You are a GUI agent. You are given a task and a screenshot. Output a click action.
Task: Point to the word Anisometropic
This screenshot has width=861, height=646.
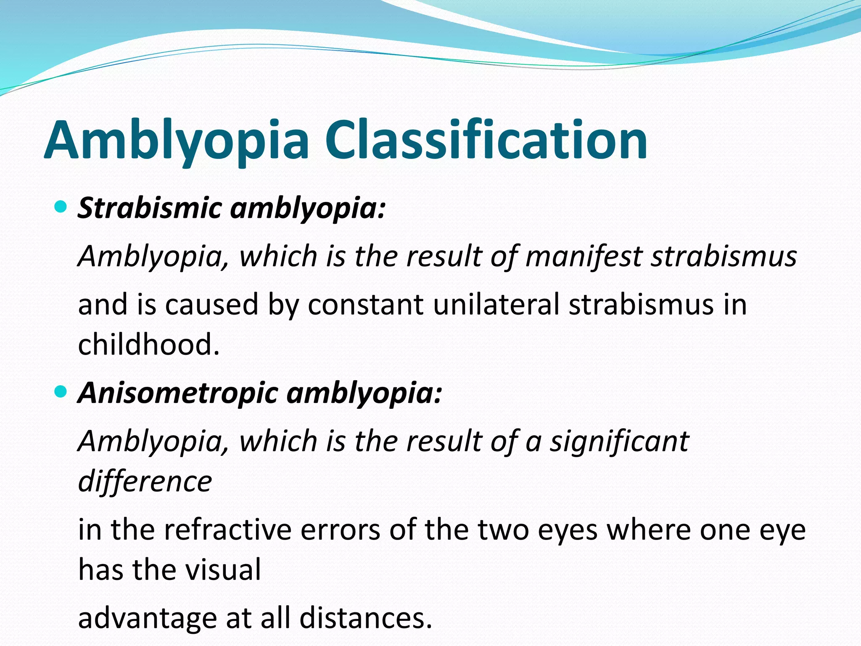point(178,393)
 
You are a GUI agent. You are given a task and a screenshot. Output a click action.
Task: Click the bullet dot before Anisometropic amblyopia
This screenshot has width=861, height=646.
point(61,392)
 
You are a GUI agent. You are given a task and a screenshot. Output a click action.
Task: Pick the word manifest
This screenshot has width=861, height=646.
point(584,256)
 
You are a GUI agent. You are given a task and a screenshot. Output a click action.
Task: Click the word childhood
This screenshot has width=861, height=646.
point(149,344)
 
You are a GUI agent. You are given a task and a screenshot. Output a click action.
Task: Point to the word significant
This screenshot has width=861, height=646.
point(620,441)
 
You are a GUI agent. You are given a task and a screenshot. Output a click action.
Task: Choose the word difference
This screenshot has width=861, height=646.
point(145,481)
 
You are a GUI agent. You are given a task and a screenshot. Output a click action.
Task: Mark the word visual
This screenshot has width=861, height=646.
point(223,569)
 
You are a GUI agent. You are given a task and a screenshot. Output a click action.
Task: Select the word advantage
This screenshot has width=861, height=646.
point(148,619)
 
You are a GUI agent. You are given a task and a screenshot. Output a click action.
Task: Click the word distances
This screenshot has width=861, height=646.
point(365,618)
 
